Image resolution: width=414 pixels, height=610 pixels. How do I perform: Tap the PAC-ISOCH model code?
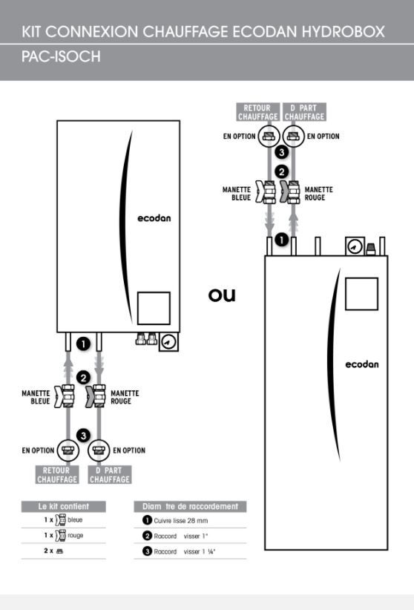[61, 57]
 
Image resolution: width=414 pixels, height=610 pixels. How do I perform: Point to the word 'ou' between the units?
[222, 295]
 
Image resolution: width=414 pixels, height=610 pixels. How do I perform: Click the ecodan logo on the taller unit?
[361, 364]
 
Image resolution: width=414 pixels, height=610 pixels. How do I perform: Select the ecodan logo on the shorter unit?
[154, 218]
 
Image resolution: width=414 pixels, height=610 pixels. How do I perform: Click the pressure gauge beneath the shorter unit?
[168, 342]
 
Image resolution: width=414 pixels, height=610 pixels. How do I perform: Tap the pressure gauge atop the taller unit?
[355, 246]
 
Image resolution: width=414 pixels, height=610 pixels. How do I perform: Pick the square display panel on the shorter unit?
[154, 308]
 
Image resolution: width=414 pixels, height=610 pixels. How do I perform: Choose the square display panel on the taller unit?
[361, 294]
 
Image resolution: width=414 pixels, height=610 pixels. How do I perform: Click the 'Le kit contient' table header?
[63, 507]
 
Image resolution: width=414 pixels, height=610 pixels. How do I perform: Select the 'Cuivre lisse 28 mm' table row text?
[181, 520]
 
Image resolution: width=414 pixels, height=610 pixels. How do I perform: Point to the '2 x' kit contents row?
[53, 551]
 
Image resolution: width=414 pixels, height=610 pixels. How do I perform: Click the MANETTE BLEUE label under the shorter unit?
[36, 397]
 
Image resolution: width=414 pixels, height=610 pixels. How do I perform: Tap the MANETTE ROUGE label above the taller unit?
[319, 194]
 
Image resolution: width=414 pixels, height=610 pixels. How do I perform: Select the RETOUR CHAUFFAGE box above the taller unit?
[258, 112]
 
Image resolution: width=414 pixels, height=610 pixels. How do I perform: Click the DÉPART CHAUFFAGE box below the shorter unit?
[110, 475]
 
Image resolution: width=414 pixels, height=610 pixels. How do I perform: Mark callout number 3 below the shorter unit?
[83, 436]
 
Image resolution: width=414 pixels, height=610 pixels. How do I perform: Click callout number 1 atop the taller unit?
[282, 239]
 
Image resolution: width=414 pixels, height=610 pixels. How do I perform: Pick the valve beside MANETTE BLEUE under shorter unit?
[65, 396]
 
